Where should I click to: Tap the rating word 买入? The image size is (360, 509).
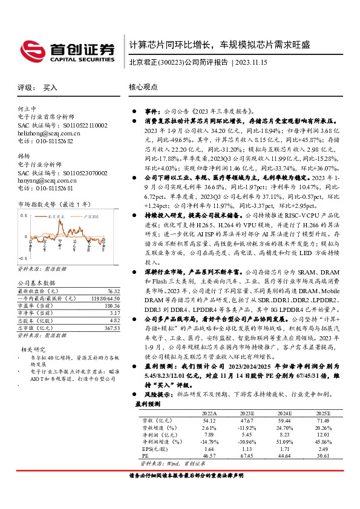click(x=50, y=88)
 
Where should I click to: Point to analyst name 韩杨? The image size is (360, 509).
click(x=24, y=156)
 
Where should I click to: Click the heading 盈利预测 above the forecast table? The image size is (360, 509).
click(x=148, y=403)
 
